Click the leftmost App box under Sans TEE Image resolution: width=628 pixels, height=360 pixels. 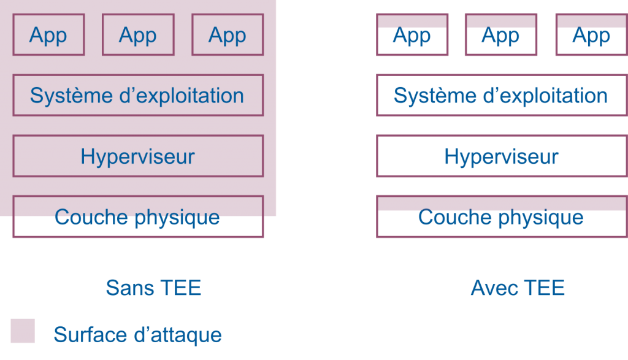[48, 35]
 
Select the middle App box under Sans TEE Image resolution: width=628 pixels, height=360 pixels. [137, 35]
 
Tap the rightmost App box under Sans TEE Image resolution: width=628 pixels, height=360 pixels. [227, 35]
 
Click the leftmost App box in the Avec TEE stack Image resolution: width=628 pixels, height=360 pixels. [412, 36]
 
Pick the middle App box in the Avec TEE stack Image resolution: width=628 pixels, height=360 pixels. [500, 36]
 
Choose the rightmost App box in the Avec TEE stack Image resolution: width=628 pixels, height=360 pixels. [591, 36]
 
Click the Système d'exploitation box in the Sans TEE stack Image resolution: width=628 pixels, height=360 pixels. [137, 96]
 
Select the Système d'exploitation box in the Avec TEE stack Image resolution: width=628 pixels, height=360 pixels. [501, 96]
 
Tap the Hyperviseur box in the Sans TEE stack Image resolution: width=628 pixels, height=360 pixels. [137, 156]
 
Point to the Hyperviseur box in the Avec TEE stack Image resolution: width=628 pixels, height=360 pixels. [501, 156]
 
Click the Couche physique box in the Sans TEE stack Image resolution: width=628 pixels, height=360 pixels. [137, 217]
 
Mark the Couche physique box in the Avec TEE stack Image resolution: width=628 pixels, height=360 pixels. [501, 217]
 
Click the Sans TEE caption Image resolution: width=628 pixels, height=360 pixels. [153, 288]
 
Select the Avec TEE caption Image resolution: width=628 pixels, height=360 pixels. [518, 288]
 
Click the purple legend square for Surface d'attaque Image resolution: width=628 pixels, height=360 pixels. [23, 331]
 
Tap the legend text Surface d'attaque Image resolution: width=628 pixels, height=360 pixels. [137, 335]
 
